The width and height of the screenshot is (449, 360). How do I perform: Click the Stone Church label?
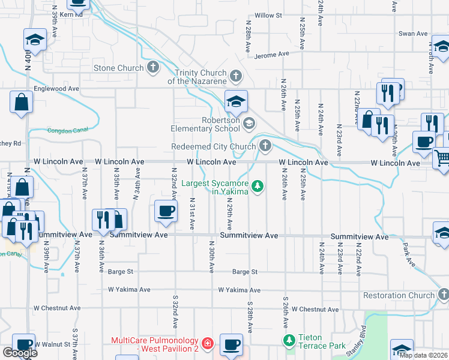[x=118, y=68]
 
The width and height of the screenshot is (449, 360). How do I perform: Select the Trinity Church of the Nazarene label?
[x=197, y=77]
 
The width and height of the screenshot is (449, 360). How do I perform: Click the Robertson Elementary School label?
[x=205, y=124]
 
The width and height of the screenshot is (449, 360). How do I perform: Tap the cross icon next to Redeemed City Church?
[x=265, y=146]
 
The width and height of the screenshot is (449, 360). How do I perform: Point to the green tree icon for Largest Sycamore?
[x=258, y=187]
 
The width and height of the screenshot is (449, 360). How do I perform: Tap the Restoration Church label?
[x=399, y=295]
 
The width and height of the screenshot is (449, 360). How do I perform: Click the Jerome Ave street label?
[x=271, y=54]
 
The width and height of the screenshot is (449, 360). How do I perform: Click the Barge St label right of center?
[x=245, y=272]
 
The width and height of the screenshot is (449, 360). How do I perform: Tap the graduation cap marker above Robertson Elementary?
[x=237, y=100]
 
